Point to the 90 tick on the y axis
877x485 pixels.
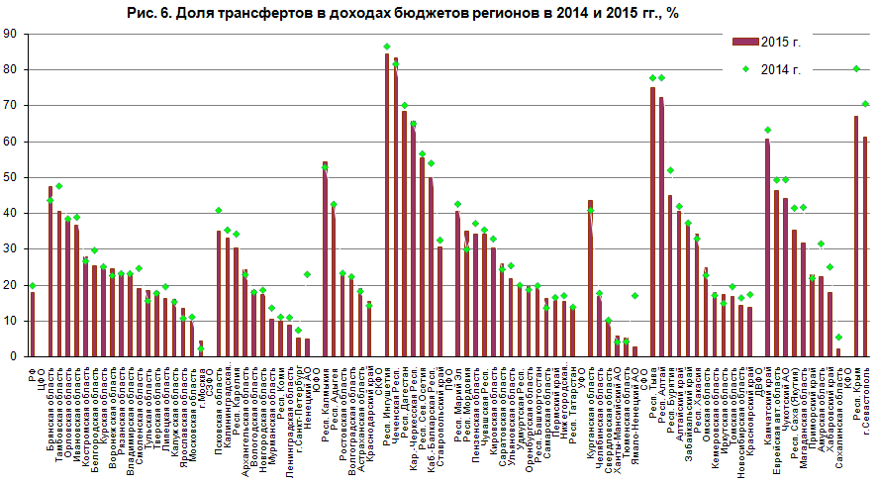click(x=10, y=34)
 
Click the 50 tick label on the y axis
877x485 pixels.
click(x=10, y=177)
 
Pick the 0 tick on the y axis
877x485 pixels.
click(x=14, y=356)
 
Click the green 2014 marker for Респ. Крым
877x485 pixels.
click(x=856, y=68)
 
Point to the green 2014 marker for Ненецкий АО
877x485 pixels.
click(x=307, y=274)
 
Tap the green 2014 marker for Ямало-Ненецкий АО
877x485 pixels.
click(x=634, y=296)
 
